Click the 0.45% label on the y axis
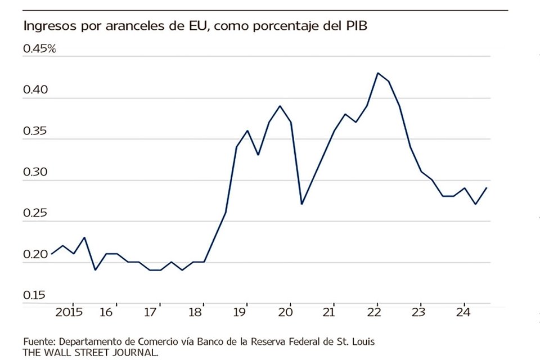[x=39, y=48]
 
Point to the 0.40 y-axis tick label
[x=35, y=89]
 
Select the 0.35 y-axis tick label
[x=35, y=130]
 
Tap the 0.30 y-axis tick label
[x=35, y=172]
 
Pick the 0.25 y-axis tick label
[x=35, y=213]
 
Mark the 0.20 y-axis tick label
[x=35, y=254]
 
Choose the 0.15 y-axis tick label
[x=35, y=295]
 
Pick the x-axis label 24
[x=463, y=312]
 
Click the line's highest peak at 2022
[x=377, y=73]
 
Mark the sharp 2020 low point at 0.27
[x=301, y=204]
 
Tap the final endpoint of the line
[x=487, y=187]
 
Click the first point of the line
[x=51, y=254]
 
